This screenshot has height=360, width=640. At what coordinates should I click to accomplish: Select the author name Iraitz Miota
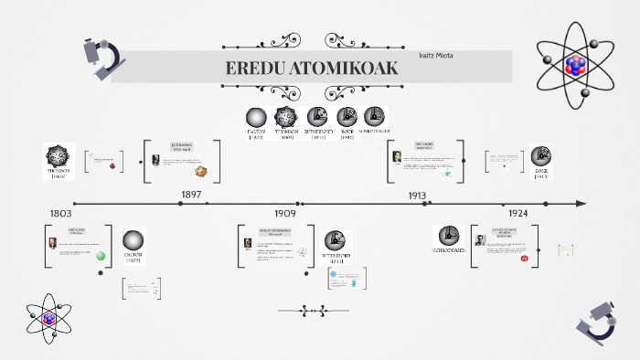pos(436,57)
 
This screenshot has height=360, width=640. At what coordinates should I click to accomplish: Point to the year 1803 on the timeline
pos(60,213)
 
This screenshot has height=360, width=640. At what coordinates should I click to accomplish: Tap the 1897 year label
pos(191,195)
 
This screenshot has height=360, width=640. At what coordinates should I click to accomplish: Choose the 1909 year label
pos(285,213)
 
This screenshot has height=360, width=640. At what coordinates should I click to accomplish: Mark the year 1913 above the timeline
pos(418,195)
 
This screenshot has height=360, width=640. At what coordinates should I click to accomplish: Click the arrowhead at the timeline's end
pos(581,203)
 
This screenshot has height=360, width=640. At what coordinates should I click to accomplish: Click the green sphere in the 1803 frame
pos(101,256)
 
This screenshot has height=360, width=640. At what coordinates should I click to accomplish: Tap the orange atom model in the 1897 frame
pos(201,171)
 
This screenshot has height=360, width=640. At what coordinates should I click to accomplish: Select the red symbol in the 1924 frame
pos(525,258)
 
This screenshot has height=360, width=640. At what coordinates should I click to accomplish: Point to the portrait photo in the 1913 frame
pos(397,156)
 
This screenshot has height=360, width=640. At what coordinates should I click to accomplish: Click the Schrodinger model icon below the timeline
pos(447,236)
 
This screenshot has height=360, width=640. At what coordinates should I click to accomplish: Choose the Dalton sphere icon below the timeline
pos(133,239)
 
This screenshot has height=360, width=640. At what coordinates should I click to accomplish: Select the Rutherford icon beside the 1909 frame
pos(337,241)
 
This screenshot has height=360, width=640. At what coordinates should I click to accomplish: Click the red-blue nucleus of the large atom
pos(575,64)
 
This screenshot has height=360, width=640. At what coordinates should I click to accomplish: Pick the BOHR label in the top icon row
pos(347,132)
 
